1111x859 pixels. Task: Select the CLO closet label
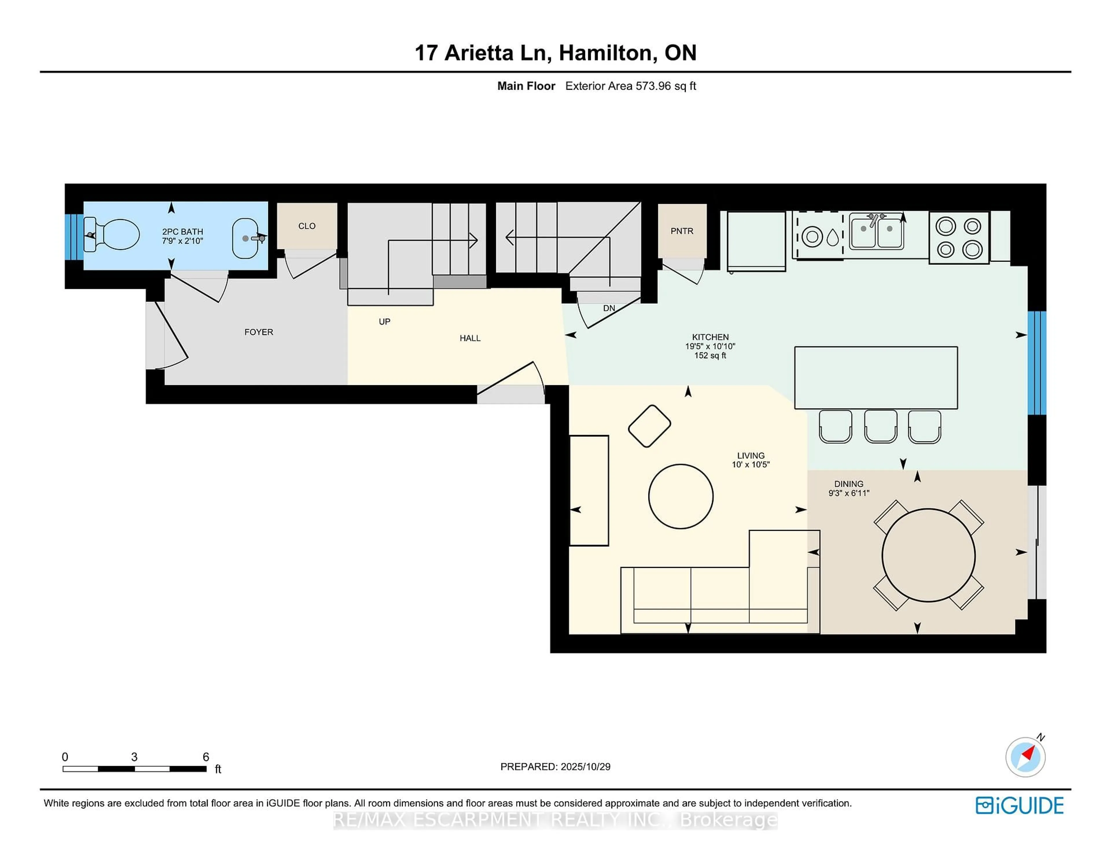coord(307,226)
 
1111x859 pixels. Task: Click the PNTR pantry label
coord(682,231)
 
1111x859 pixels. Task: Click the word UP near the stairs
coord(385,322)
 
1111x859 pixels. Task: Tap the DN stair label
coord(609,309)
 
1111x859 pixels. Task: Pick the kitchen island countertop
coord(875,378)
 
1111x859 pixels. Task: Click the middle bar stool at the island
coord(881,426)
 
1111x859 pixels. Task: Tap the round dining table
coord(928,555)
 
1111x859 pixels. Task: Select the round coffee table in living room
coord(681,496)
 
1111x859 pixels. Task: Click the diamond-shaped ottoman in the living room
coord(650,426)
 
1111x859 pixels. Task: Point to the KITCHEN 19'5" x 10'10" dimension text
coord(710,346)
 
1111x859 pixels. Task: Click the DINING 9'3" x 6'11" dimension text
coord(849,489)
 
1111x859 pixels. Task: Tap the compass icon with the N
coord(1025,757)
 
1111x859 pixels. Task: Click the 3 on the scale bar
coord(134,757)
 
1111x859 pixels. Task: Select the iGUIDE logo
coord(1020,805)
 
